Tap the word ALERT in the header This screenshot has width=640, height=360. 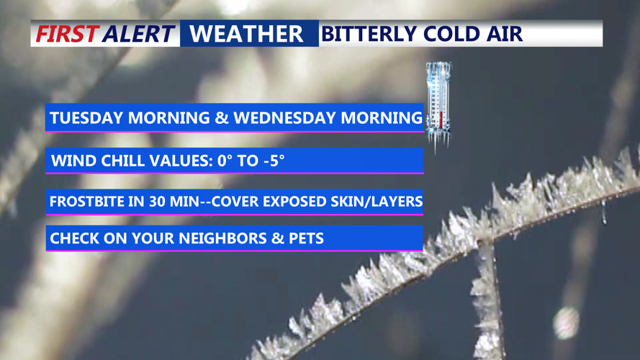138,34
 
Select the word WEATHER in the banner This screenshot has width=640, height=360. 247,34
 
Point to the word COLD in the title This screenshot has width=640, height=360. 451,34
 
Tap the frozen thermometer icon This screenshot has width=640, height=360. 438,104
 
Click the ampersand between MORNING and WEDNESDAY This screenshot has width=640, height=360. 222,118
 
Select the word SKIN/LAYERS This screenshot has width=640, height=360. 379,202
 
